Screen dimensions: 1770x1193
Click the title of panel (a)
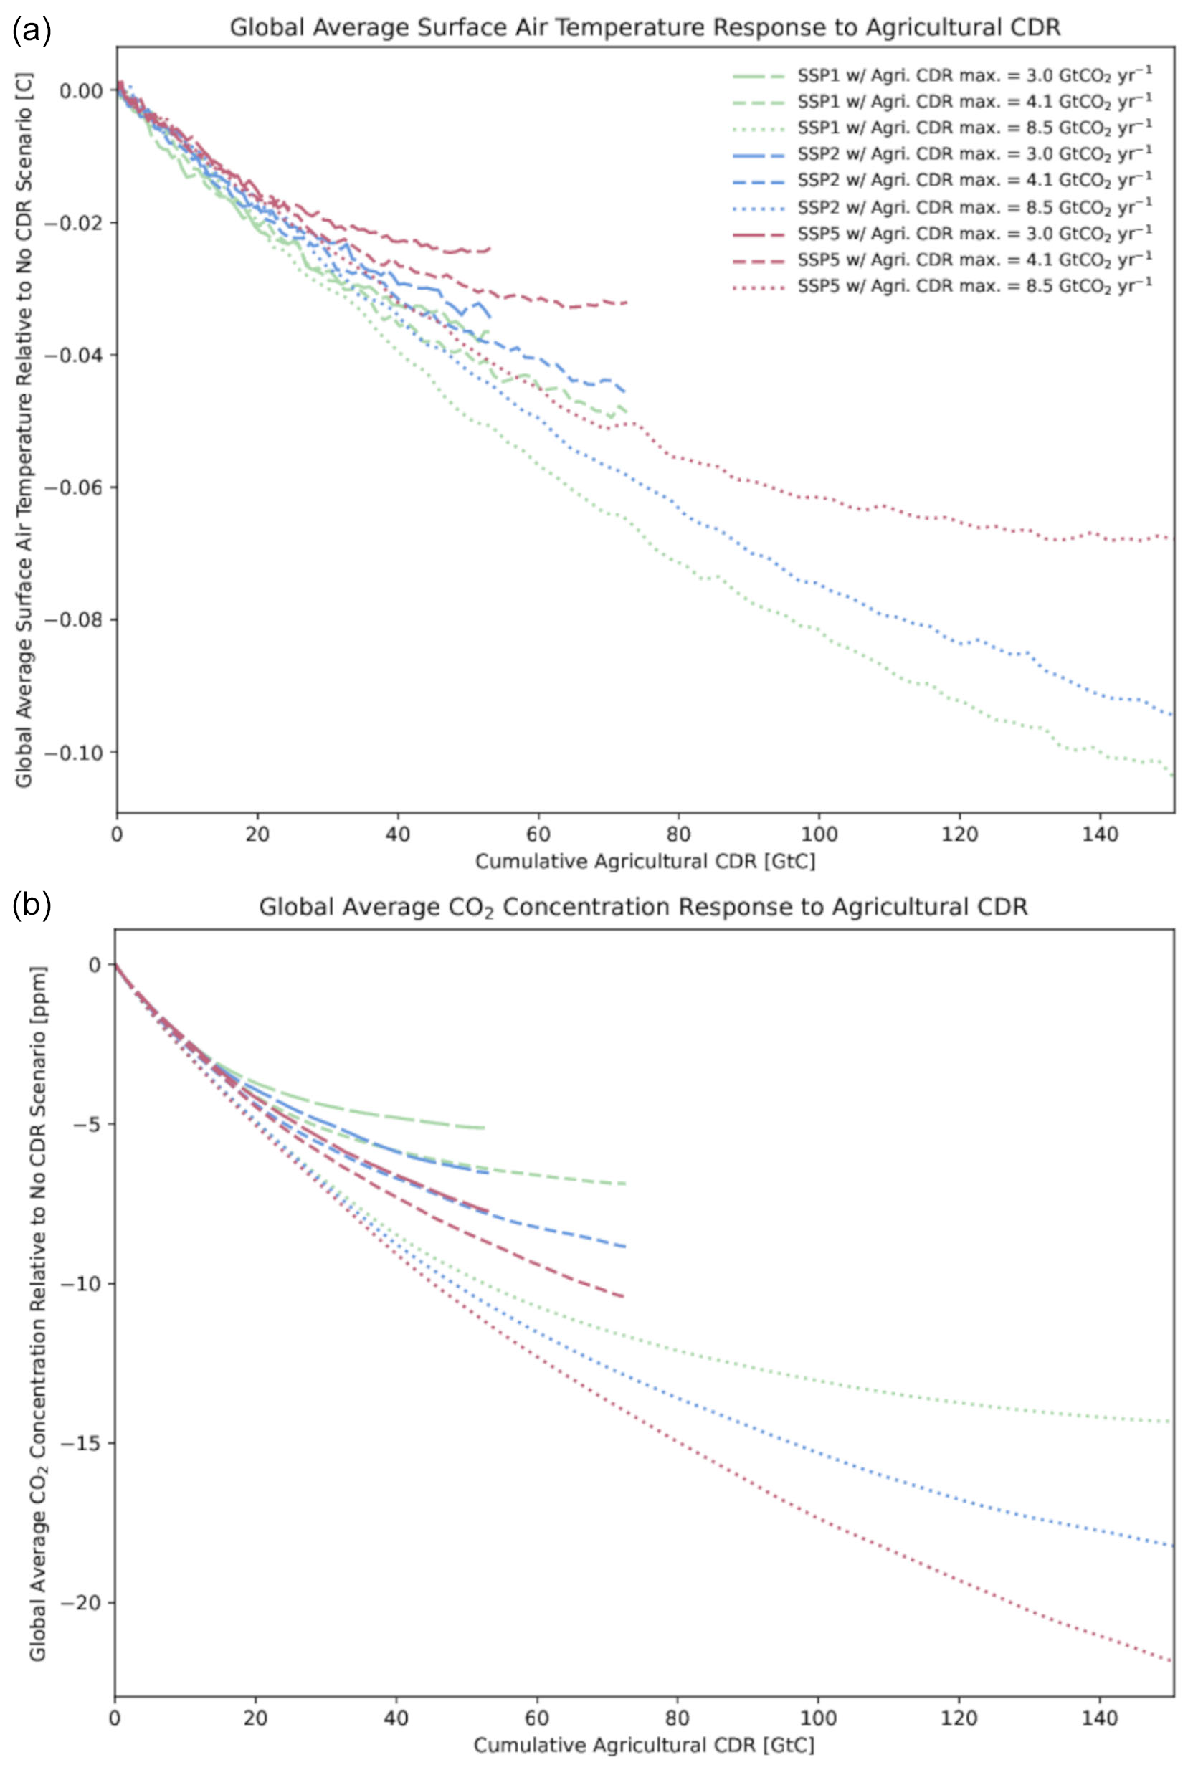point(645,27)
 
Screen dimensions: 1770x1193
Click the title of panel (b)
point(643,907)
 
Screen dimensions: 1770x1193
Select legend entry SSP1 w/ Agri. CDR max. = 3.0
point(974,75)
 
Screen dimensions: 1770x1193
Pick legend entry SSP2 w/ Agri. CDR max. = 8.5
point(974,207)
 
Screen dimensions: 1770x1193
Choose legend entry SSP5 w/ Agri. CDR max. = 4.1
point(974,260)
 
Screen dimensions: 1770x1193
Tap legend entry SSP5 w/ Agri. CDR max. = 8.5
point(974,286)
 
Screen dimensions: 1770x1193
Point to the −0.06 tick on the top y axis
point(73,487)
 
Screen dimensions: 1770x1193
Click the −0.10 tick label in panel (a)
point(73,752)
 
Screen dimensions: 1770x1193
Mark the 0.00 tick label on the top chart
point(80,90)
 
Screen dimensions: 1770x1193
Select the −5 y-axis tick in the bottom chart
point(90,1124)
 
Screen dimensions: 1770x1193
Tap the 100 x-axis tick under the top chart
point(819,834)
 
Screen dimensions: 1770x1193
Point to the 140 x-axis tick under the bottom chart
point(1099,1718)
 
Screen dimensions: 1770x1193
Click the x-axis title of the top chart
point(645,861)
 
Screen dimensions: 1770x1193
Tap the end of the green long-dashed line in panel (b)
point(484,1127)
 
